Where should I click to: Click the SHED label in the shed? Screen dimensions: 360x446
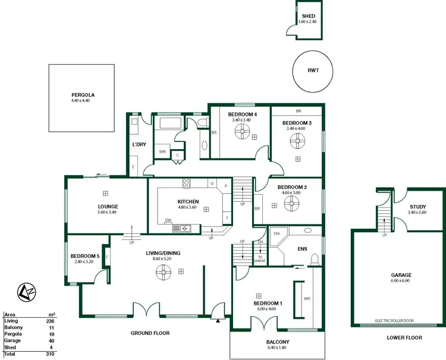pyautogui.click(x=309, y=17)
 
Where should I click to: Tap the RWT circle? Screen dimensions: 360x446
pyautogui.click(x=313, y=70)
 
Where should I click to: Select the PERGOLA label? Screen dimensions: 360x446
pyautogui.click(x=83, y=94)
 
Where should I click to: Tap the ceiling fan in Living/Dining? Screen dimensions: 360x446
pyautogui.click(x=162, y=272)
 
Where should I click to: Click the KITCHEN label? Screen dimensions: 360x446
pyautogui.click(x=187, y=202)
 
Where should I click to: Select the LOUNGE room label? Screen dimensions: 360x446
pyautogui.click(x=108, y=207)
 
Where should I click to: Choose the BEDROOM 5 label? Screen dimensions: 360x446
pyautogui.click(x=83, y=257)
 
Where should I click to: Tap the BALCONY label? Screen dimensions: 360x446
pyautogui.click(x=278, y=342)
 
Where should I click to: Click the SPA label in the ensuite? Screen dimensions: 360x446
pyautogui.click(x=277, y=233)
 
